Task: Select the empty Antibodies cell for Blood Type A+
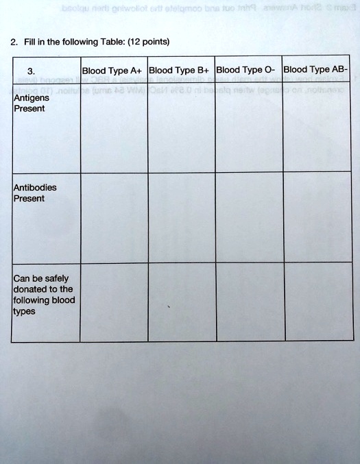pyautogui.click(x=113, y=218)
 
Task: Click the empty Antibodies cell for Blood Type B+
pyautogui.click(x=181, y=218)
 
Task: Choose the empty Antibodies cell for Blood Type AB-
pyautogui.click(x=317, y=218)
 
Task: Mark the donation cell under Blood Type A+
pyautogui.click(x=113, y=302)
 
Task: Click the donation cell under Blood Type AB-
pyautogui.click(x=317, y=302)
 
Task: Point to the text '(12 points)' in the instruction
pyautogui.click(x=148, y=41)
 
